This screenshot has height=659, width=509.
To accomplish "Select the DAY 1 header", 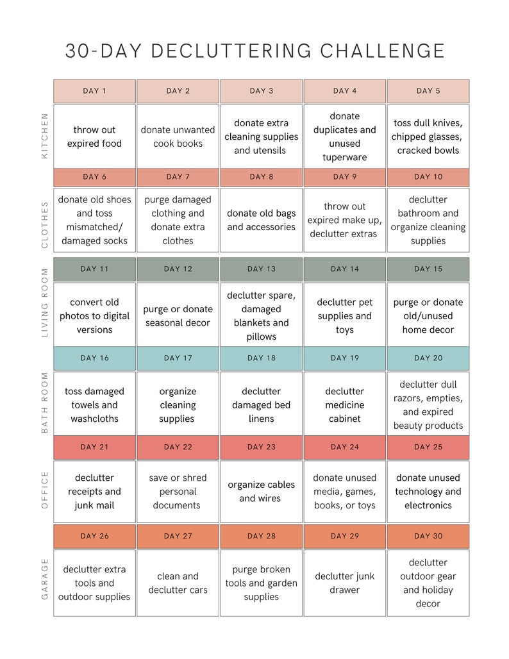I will pyautogui.click(x=94, y=91).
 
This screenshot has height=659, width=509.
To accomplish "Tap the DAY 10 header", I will pyautogui.click(x=428, y=177).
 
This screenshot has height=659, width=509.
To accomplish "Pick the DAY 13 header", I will pyautogui.click(x=261, y=269).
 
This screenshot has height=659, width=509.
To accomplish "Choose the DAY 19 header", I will pyautogui.click(x=345, y=358).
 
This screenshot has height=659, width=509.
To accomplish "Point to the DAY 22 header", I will pyautogui.click(x=178, y=447).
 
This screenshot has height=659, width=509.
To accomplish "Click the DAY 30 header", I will pyautogui.click(x=428, y=536).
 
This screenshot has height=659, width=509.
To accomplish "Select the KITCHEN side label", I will pyautogui.click(x=44, y=136).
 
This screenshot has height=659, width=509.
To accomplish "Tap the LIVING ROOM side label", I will pyautogui.click(x=44, y=303).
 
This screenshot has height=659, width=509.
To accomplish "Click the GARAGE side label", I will pyautogui.click(x=44, y=579).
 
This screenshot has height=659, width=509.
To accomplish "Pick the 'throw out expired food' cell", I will pyautogui.click(x=94, y=137).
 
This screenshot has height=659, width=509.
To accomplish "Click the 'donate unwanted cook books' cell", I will pyautogui.click(x=178, y=137).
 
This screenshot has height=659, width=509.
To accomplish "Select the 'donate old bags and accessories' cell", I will pyautogui.click(x=261, y=220).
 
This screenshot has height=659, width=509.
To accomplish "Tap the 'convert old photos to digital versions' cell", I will pyautogui.click(x=94, y=316).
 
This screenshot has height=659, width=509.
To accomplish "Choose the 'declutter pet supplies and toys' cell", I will pyautogui.click(x=345, y=316).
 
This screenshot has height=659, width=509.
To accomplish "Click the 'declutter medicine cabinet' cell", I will pyautogui.click(x=345, y=405).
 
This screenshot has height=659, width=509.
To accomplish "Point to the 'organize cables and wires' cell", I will pyautogui.click(x=261, y=491).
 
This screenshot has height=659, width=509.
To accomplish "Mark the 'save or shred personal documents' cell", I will pyautogui.click(x=178, y=492).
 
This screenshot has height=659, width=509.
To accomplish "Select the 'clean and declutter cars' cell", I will pyautogui.click(x=178, y=583).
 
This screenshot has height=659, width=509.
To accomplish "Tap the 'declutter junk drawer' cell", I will pyautogui.click(x=345, y=583).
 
